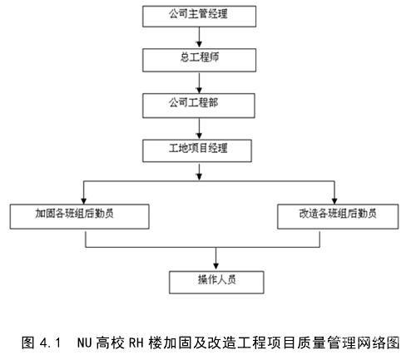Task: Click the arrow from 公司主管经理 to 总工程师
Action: (199, 37)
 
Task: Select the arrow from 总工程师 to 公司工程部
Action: (199, 83)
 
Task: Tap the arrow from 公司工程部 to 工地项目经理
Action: (199, 129)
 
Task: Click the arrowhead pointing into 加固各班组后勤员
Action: (84, 201)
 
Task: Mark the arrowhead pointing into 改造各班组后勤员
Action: (334, 201)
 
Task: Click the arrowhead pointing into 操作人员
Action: (215, 265)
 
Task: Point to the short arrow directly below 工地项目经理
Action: (199, 172)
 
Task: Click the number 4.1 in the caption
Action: (50, 343)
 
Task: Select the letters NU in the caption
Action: (84, 343)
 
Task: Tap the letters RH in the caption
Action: (136, 343)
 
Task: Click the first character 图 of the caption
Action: (28, 343)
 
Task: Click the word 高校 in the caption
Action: (110, 343)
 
